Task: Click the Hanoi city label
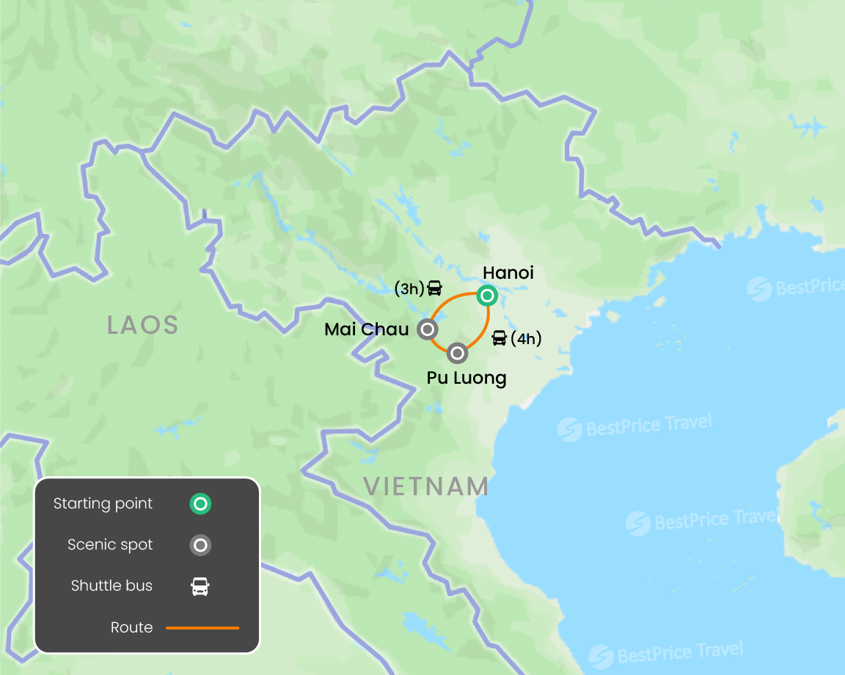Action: click(x=508, y=273)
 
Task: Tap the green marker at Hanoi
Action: click(x=486, y=296)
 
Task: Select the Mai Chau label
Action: click(x=366, y=329)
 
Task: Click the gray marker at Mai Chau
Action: click(x=427, y=329)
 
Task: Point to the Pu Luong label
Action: click(x=466, y=378)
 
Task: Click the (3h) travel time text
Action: click(x=409, y=289)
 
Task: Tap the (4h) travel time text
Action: click(x=525, y=338)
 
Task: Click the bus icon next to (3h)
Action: click(x=435, y=288)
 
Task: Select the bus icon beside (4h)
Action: click(x=500, y=338)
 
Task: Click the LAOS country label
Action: click(x=143, y=325)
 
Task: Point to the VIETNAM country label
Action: click(x=426, y=486)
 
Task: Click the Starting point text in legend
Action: click(x=103, y=504)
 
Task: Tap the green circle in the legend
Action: click(x=200, y=504)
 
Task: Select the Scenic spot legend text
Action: click(x=110, y=545)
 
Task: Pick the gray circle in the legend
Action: click(x=200, y=545)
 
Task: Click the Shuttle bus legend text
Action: click(x=111, y=586)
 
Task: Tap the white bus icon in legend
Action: click(x=200, y=586)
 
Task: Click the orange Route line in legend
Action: click(x=202, y=628)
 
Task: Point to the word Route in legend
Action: click(x=132, y=628)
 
